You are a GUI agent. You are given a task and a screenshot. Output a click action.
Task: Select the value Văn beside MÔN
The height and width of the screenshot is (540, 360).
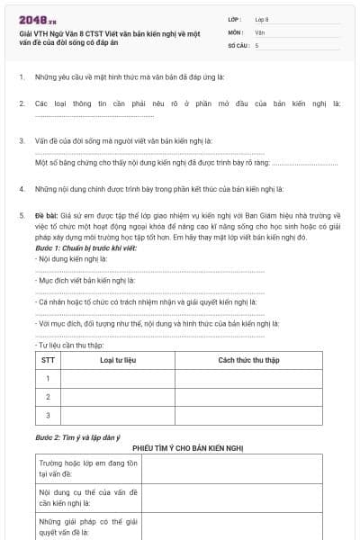point(259,31)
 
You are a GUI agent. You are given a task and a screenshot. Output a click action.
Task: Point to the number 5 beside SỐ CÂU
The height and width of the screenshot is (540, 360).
point(256,44)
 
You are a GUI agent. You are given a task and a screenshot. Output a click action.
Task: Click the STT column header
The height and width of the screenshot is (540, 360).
point(47,359)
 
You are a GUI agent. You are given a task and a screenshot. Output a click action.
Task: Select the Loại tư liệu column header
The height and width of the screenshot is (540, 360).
point(117,359)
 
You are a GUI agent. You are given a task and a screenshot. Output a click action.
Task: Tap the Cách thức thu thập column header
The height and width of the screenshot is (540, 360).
point(249,359)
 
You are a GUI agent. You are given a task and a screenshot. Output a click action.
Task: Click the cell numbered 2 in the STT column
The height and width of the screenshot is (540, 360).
point(47,396)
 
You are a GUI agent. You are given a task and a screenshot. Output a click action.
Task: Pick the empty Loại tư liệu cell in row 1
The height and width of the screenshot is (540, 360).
point(117,378)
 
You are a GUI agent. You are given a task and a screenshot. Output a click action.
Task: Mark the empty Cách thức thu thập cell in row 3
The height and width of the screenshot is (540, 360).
point(249,415)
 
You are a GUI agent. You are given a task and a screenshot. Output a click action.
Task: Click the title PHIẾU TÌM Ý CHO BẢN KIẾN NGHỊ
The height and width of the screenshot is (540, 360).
point(188,446)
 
